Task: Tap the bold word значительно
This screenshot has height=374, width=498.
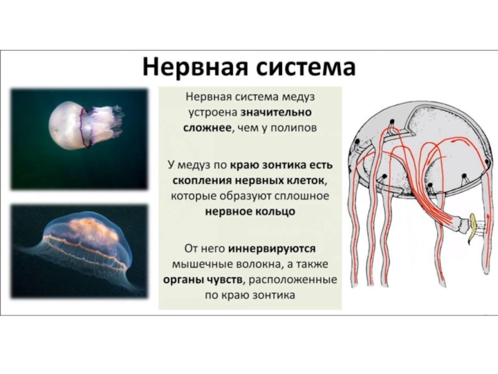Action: point(276,112)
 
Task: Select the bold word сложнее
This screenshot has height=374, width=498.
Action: point(207,128)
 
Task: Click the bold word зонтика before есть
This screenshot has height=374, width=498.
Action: point(284,165)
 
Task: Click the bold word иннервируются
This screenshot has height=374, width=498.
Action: point(272,248)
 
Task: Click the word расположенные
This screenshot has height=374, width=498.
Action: point(293,280)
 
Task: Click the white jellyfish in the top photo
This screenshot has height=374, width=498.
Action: point(83,125)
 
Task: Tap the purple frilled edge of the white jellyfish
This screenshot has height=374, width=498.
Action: point(84,127)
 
